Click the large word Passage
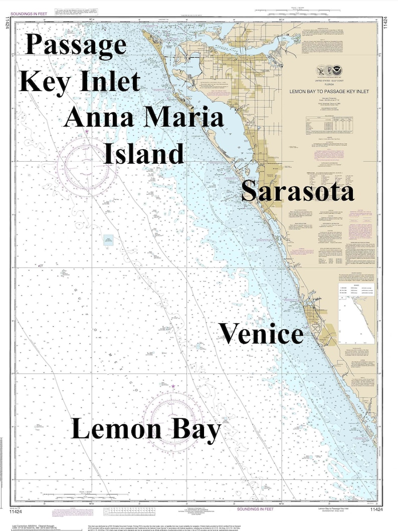(x=76, y=46)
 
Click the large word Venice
(x=261, y=334)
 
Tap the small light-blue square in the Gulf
(x=109, y=240)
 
